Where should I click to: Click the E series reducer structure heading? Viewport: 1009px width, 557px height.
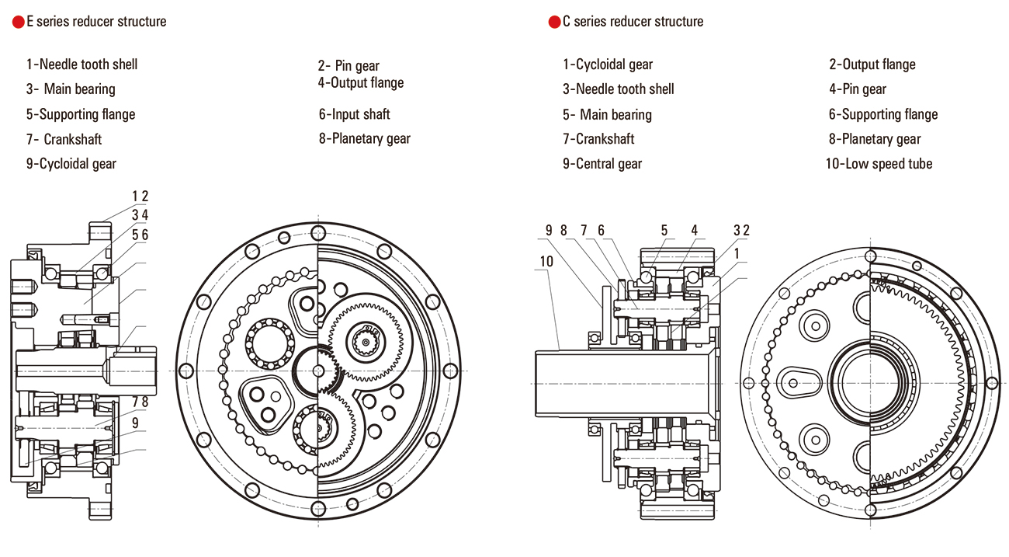(96, 22)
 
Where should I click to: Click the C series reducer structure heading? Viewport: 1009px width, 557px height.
(633, 22)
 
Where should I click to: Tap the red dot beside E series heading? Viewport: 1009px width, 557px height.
(18, 23)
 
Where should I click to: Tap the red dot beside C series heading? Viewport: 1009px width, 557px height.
(554, 23)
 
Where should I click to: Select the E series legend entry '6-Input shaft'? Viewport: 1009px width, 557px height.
(354, 114)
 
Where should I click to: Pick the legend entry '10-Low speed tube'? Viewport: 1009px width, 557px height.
(879, 164)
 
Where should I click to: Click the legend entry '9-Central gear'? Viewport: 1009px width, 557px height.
(602, 164)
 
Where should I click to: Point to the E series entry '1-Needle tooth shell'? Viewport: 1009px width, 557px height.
(81, 64)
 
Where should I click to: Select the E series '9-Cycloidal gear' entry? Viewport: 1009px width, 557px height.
(71, 164)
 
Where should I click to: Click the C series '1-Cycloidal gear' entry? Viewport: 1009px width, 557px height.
(608, 64)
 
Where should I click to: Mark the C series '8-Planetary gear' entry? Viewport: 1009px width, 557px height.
(875, 139)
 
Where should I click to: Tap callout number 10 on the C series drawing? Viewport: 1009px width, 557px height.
(547, 261)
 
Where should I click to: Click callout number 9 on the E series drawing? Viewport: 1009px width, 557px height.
(135, 423)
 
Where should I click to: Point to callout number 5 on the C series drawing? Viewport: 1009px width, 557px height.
(664, 230)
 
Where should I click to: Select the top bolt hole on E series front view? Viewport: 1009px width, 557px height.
(318, 232)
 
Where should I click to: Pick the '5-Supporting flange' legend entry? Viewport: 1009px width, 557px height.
(80, 114)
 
